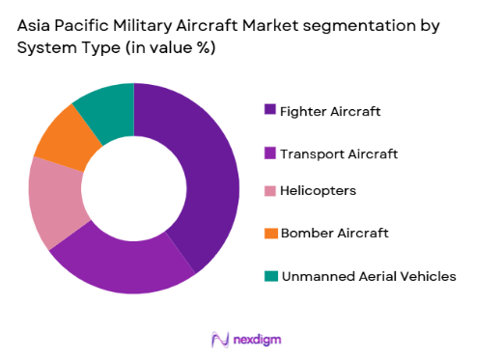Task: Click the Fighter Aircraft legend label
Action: coord(330,111)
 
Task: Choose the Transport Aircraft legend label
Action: coord(338,152)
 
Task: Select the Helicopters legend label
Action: coord(318,191)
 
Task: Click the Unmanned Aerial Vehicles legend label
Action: coord(368,276)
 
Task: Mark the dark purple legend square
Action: coord(271,110)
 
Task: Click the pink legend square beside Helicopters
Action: coord(271,192)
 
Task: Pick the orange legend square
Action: coord(271,234)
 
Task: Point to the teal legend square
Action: coord(271,276)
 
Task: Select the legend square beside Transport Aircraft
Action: coord(271,152)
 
